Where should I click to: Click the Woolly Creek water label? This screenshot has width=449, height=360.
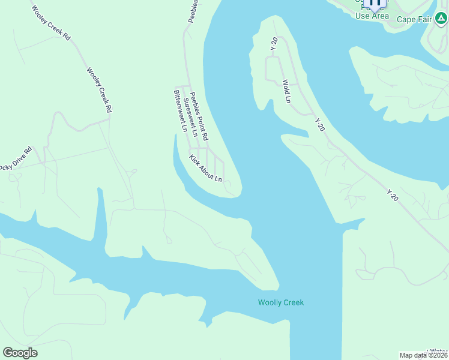click(x=281, y=302)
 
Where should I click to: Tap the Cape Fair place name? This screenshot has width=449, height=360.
click(x=414, y=19)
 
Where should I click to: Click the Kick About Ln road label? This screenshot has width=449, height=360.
click(x=206, y=169)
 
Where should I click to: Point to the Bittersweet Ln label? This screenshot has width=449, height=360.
click(x=179, y=110)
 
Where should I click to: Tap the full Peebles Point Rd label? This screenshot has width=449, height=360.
click(x=199, y=116)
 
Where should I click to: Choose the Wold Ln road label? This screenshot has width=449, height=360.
click(x=286, y=91)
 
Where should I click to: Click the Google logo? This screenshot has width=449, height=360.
click(x=20, y=353)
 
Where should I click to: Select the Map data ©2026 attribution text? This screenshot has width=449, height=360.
click(x=424, y=355)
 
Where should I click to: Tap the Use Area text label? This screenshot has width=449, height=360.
click(x=372, y=16)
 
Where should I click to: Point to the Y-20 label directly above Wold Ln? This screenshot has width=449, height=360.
click(x=274, y=43)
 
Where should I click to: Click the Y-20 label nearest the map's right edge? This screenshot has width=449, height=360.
click(x=393, y=195)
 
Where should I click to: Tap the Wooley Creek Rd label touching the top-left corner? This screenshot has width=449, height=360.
click(x=50, y=23)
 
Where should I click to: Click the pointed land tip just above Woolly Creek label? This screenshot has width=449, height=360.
click(x=277, y=286)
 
